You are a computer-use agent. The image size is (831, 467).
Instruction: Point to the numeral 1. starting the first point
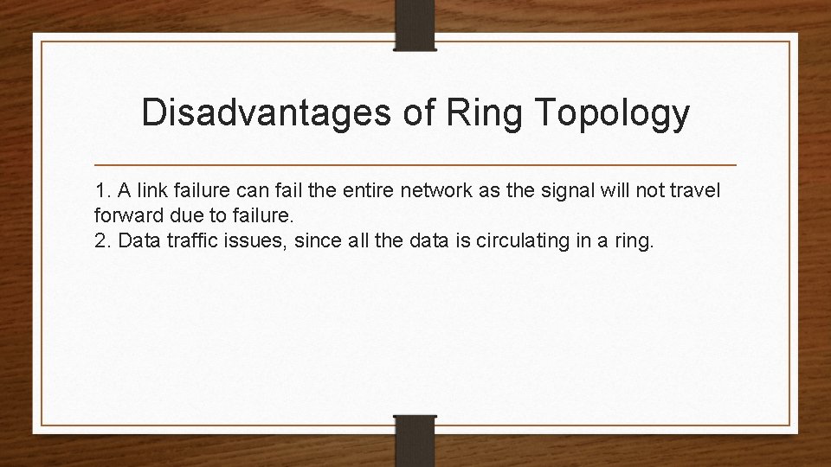[x=103, y=190]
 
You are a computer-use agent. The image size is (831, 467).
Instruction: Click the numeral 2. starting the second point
[x=103, y=239]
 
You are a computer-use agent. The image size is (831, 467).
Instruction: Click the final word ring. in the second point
[x=637, y=239]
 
